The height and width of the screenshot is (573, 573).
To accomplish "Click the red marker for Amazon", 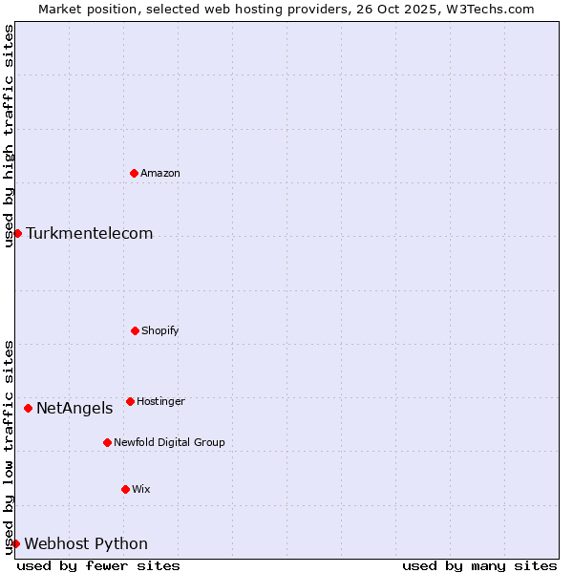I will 134,173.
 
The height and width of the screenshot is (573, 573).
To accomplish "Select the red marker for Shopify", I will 135,330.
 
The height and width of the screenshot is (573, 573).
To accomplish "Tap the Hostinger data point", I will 130,401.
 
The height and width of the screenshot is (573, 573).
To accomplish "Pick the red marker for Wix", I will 125,489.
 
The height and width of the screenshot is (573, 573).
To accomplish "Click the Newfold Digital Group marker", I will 107,442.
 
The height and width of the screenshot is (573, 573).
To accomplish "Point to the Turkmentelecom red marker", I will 17,233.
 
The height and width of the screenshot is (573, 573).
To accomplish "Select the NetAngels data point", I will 28,408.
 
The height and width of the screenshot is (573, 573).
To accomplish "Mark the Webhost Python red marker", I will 15,543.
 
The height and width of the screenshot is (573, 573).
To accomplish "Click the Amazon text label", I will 160,173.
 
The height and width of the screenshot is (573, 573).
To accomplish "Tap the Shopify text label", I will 160,330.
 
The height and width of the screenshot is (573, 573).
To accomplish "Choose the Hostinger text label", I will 160,401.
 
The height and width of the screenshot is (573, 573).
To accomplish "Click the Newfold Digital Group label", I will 169,442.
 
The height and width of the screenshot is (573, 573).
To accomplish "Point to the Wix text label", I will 141,489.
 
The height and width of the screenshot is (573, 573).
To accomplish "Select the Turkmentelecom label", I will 89,233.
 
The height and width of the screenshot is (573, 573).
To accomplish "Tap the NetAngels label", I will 74,408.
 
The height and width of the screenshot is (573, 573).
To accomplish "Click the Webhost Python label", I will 86,543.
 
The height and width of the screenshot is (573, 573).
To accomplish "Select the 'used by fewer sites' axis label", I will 98,565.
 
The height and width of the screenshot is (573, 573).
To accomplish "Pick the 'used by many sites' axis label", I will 479,565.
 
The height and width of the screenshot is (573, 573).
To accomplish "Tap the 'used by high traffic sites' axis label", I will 9,136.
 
